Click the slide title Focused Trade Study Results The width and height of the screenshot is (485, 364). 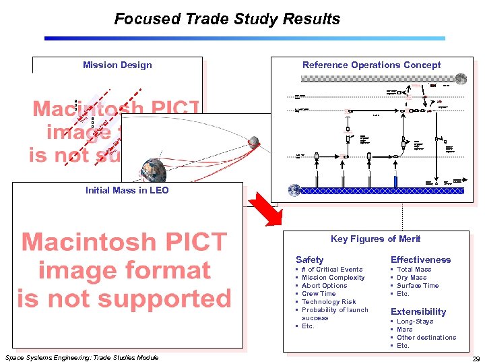tap(227, 19)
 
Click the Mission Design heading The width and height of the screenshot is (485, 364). tap(117, 65)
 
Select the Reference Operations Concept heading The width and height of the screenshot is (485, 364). tap(371, 65)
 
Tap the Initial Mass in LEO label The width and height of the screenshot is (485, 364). tap(127, 190)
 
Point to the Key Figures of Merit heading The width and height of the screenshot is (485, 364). tap(375, 239)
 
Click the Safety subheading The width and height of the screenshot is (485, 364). tap(310, 260)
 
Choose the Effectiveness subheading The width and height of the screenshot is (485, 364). tap(420, 260)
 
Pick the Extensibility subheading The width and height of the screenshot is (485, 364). tap(418, 311)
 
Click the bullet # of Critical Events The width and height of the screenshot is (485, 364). tap(332, 270)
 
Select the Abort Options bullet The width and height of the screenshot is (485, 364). tap(325, 286)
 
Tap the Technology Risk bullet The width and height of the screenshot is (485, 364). tap(329, 302)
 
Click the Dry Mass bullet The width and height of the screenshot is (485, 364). tap(412, 278)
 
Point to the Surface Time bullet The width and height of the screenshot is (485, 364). tap(418, 286)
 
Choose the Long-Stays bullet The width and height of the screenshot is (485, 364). tap(415, 322)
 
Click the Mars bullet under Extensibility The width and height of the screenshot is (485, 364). tap(405, 330)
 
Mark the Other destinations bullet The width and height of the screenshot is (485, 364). tap(426, 338)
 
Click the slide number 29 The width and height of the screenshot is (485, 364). tap(476, 359)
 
